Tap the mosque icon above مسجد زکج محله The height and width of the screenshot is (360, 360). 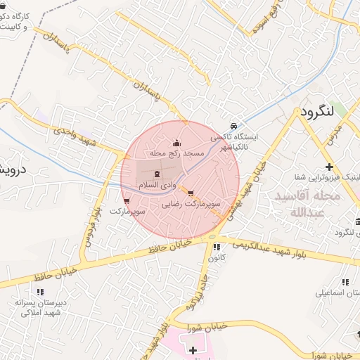point(176,143)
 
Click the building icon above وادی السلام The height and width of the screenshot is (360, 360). point(156,174)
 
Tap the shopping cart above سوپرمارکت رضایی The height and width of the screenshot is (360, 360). point(191,193)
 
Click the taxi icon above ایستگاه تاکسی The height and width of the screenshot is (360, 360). point(233,124)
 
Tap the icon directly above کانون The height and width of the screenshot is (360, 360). point(217,247)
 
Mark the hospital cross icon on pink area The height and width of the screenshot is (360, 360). point(193,349)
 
